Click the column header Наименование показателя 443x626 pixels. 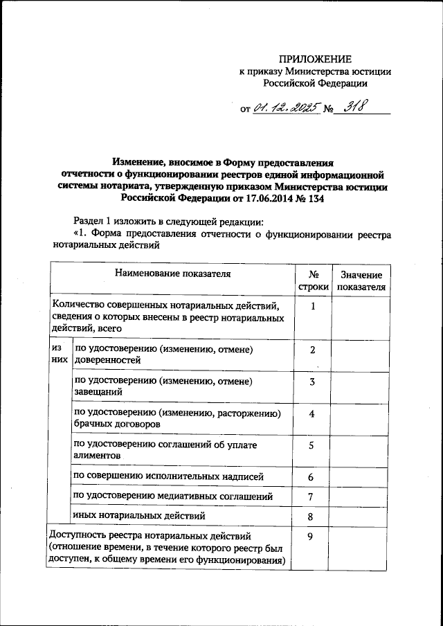[x=172, y=274]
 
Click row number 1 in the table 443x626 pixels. [x=312, y=305]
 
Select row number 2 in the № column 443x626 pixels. [x=312, y=350]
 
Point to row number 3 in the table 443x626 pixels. [x=312, y=382]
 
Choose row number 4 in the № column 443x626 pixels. [x=312, y=413]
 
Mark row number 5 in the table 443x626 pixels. [x=312, y=445]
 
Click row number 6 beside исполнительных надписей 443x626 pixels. [x=312, y=478]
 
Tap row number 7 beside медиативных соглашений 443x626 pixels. [x=312, y=497]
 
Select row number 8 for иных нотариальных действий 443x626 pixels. [x=312, y=516]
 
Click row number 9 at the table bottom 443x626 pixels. [x=312, y=536]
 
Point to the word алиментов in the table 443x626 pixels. [x=99, y=456]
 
